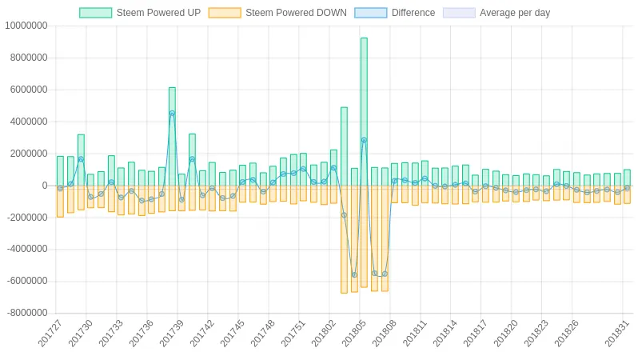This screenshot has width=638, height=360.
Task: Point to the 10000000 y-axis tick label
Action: tap(26, 26)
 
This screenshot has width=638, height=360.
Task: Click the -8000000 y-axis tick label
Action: tap(26, 313)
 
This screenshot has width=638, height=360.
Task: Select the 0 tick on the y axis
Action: tap(45, 186)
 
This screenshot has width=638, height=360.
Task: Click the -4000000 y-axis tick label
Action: tap(26, 249)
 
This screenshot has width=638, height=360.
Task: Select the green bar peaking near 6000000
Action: tap(172, 136)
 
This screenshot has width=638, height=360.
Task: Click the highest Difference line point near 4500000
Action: tap(172, 114)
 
